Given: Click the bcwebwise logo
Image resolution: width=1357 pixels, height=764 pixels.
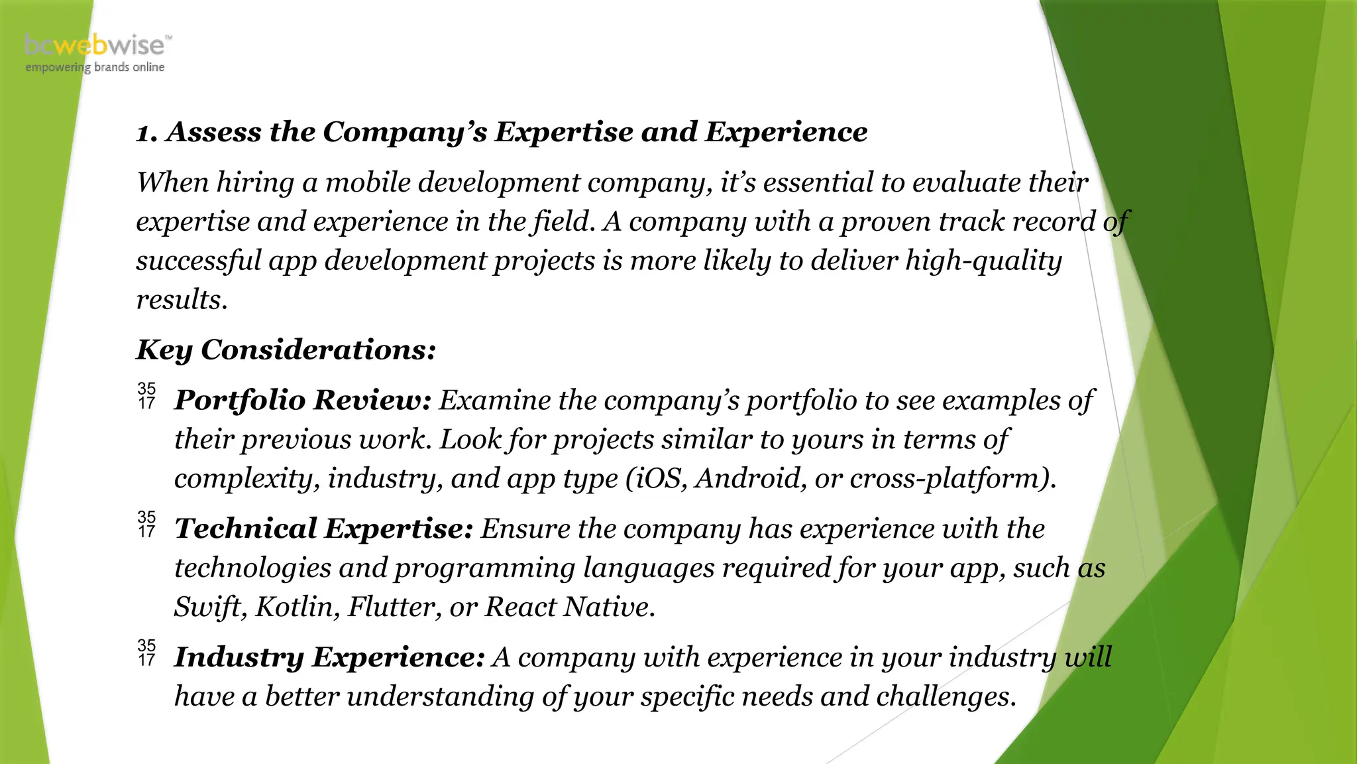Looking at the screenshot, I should coord(97,45).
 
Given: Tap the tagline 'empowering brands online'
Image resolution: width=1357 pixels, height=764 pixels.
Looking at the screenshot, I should coord(95,67).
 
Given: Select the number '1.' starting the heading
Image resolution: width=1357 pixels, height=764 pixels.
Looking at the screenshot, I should coord(146,133).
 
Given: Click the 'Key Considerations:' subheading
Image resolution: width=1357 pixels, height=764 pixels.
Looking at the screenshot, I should coord(286,350).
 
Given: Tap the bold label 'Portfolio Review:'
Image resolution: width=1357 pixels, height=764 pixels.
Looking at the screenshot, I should coord(303,400).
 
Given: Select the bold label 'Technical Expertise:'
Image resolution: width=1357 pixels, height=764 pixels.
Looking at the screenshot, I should coord(323,529).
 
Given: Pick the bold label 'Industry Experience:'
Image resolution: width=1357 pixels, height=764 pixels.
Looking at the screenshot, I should coord(329,657).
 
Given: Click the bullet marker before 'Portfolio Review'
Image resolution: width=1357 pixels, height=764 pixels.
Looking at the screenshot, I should coord(146,395).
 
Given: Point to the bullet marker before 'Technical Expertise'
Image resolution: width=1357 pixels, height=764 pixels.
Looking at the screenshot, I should coord(146,524).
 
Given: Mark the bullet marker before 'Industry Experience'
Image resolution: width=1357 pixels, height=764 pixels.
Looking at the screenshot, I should coord(146,653).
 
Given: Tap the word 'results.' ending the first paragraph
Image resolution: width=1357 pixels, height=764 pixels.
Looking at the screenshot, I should coord(182,300).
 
